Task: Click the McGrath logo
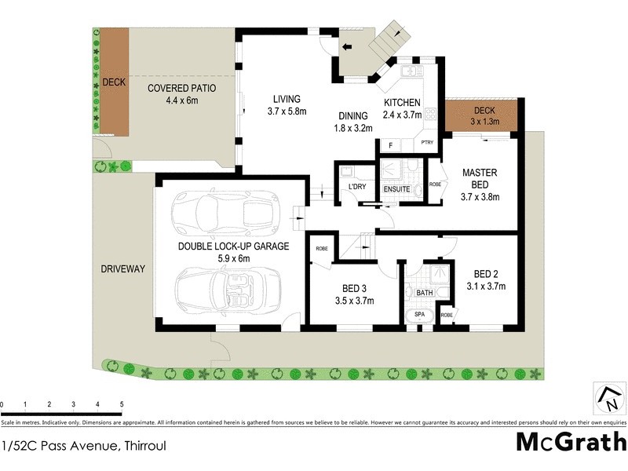[571, 442]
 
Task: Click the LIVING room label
[287, 99]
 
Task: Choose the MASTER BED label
[477, 178]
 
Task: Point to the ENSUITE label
[397, 189]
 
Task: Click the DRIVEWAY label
[122, 269]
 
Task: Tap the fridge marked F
[389, 145]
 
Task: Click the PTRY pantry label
[427, 143]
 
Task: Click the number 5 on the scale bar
[122, 405]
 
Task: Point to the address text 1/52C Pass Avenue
[83, 445]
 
